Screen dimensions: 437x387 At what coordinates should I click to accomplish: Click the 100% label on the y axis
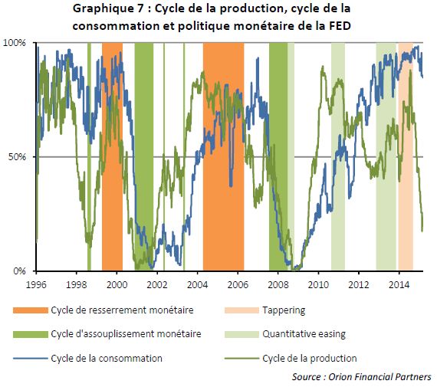point(15,43)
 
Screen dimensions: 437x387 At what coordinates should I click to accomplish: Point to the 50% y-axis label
point(17,157)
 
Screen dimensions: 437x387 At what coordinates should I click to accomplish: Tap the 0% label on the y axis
point(19,271)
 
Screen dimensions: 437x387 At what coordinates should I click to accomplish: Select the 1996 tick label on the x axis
point(36,285)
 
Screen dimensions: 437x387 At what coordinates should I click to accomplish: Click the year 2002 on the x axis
point(157,285)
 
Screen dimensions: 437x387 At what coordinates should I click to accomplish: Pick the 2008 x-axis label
point(278,285)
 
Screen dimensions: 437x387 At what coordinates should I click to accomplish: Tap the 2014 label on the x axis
point(399,285)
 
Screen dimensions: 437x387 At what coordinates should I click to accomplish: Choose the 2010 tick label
point(318,285)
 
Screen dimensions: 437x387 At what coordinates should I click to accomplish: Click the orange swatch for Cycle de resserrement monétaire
point(31,310)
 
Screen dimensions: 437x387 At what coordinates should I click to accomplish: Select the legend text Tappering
point(284,310)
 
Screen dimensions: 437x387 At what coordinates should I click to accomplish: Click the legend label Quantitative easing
point(304,334)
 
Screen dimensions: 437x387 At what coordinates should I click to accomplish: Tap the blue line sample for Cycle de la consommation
point(31,359)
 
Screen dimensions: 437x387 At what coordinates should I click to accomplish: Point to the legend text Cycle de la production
point(310,359)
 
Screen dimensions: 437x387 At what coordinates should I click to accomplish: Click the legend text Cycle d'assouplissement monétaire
point(126,334)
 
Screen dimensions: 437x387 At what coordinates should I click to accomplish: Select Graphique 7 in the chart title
point(108,8)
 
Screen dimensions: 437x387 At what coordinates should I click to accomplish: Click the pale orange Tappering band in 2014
point(406,157)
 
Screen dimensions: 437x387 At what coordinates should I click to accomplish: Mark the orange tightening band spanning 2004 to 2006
point(224,157)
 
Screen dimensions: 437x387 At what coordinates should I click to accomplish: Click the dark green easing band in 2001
point(144,157)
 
